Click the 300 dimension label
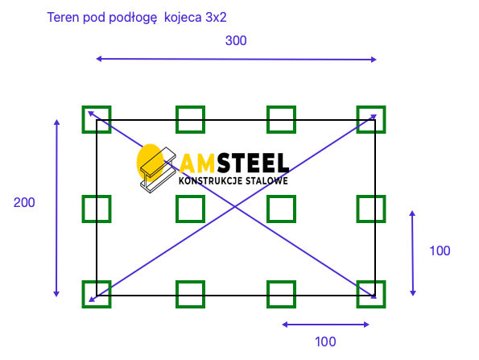[236, 40]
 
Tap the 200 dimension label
[24, 203]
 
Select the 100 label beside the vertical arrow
[440, 251]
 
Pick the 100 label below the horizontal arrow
[325, 341]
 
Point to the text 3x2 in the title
[217, 18]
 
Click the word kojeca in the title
[183, 18]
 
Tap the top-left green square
[83, 119]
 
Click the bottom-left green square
[83, 294]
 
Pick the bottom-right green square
[384, 294]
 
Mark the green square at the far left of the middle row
[83, 209]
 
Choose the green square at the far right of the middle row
[384, 209]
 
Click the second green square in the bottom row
[177, 294]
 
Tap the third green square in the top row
[268, 119]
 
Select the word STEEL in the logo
[254, 163]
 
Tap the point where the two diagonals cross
[235, 207]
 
